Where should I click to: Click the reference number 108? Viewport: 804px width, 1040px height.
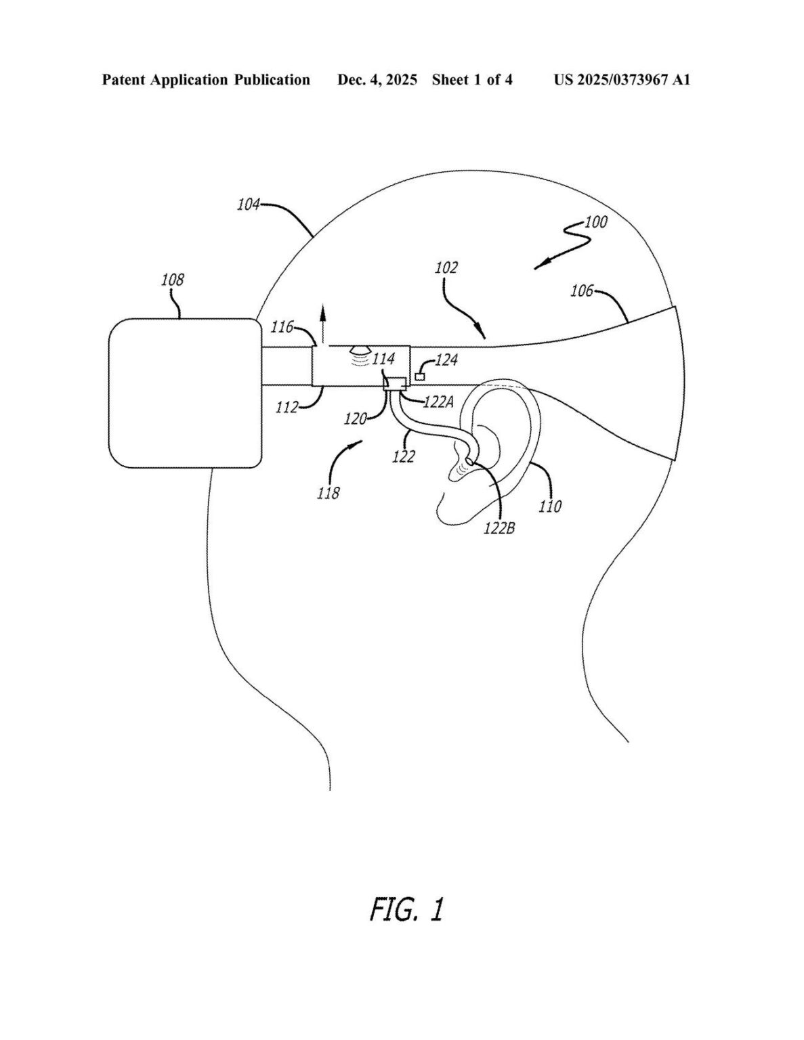pos(172,280)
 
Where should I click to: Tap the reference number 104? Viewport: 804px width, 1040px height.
pos(249,205)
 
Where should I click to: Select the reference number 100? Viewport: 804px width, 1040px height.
pos(596,223)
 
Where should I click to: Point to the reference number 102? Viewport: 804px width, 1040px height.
pos(446,267)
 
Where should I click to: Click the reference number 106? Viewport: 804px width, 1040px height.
pos(582,290)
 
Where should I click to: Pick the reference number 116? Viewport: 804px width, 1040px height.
pos(282,327)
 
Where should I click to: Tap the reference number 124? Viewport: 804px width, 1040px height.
pos(446,360)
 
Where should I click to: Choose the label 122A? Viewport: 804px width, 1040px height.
pos(438,402)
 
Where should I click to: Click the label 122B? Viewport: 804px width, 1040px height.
pos(499,529)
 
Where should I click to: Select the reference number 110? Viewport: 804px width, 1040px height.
pos(550,506)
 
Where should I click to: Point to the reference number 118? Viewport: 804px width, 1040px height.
pos(329,493)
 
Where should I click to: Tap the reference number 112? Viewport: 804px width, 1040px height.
pos(287,408)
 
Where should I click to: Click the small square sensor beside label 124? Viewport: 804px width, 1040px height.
pos(420,376)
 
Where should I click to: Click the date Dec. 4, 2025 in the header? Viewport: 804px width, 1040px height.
pos(377,80)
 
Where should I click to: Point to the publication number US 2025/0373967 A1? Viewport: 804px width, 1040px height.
pos(622,80)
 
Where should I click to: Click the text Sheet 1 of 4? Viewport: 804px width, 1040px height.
pos(472,80)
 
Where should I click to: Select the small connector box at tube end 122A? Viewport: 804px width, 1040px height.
pos(396,384)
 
